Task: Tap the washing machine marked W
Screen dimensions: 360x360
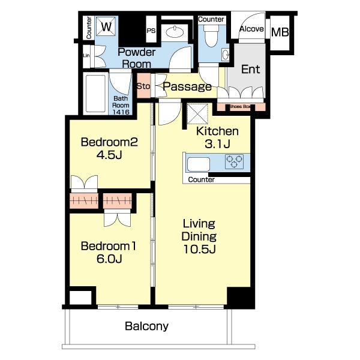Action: (106, 26)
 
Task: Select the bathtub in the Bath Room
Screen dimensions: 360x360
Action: (96, 93)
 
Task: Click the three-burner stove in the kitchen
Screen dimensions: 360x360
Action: (234, 161)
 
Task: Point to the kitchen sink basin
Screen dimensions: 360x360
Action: (199, 164)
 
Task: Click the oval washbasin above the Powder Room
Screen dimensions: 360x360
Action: (175, 32)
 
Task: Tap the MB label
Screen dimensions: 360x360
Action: (280, 32)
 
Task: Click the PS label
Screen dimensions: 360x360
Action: (151, 31)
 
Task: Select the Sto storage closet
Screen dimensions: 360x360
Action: (144, 85)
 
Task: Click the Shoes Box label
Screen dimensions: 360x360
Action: (239, 107)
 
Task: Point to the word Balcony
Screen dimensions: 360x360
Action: (147, 326)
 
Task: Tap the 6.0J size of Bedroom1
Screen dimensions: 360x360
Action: (109, 259)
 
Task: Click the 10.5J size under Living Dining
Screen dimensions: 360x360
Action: (199, 249)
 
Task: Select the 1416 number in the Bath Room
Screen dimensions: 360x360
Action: (121, 112)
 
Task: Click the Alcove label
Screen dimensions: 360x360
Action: (251, 29)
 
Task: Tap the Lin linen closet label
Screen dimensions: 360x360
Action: (86, 55)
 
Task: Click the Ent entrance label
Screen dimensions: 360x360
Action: (250, 69)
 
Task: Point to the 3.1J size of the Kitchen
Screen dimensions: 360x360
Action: (217, 144)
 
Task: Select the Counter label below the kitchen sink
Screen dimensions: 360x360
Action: (202, 179)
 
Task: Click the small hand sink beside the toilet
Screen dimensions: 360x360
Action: (225, 55)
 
